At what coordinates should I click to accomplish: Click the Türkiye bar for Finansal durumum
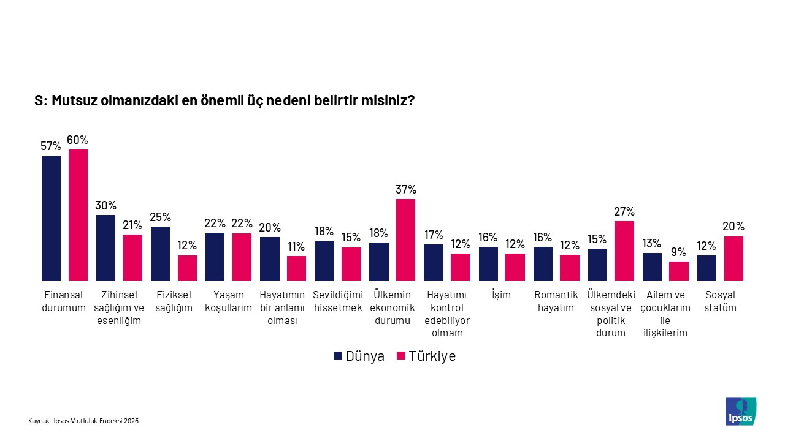(x=78, y=215)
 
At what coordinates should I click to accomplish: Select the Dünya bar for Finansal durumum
(x=51, y=218)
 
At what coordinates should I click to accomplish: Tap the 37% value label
(x=406, y=189)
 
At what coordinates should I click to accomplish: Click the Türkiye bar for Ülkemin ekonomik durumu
(x=405, y=239)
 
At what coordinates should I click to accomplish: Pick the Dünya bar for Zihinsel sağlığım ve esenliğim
(x=105, y=247)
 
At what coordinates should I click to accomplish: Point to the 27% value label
(x=624, y=211)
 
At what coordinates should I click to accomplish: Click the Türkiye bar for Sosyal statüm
(x=733, y=258)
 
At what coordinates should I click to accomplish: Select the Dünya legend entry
(x=359, y=356)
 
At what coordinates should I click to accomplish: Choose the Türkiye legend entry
(x=426, y=356)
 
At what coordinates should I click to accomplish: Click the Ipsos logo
(x=740, y=411)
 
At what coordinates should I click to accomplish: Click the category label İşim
(x=501, y=295)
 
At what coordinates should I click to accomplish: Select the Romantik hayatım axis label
(x=556, y=301)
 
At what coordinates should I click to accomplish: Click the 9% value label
(x=678, y=252)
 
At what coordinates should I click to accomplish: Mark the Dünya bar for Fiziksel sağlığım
(x=160, y=254)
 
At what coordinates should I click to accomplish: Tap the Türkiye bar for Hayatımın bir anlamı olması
(x=296, y=268)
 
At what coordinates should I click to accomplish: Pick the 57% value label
(x=51, y=146)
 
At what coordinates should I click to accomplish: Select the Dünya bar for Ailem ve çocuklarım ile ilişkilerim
(x=652, y=266)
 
